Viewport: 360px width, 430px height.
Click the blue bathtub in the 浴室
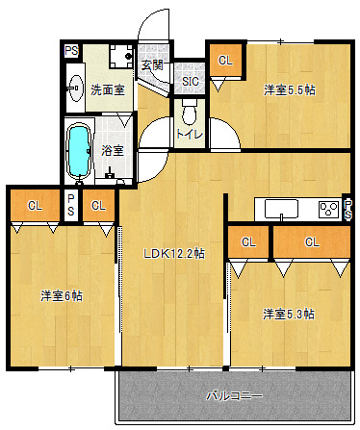(79, 151)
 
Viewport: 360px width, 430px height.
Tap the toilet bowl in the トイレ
(190, 113)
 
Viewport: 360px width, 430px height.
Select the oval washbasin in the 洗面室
(76, 89)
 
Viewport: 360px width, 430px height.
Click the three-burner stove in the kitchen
(328, 210)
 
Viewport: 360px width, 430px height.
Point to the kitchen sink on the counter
(281, 209)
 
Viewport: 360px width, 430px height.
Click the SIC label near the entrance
(191, 82)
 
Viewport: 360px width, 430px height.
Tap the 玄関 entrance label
(152, 65)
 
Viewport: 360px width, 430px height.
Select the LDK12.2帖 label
(173, 254)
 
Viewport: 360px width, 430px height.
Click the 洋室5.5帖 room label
(290, 90)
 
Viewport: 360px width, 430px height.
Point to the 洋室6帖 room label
(62, 295)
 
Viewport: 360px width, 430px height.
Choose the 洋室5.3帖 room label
(289, 314)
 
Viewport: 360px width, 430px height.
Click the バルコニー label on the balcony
(234, 396)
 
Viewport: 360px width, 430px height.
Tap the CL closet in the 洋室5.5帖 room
(225, 61)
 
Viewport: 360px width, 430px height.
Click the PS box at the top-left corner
(71, 51)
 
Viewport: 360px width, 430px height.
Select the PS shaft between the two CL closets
(70, 205)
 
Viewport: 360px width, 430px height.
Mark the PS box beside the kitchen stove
(347, 210)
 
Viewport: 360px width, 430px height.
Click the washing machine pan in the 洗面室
(120, 56)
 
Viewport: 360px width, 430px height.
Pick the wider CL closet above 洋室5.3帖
(312, 241)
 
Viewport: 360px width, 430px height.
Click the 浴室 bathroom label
(113, 150)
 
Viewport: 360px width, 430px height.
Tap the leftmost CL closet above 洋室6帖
(35, 205)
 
